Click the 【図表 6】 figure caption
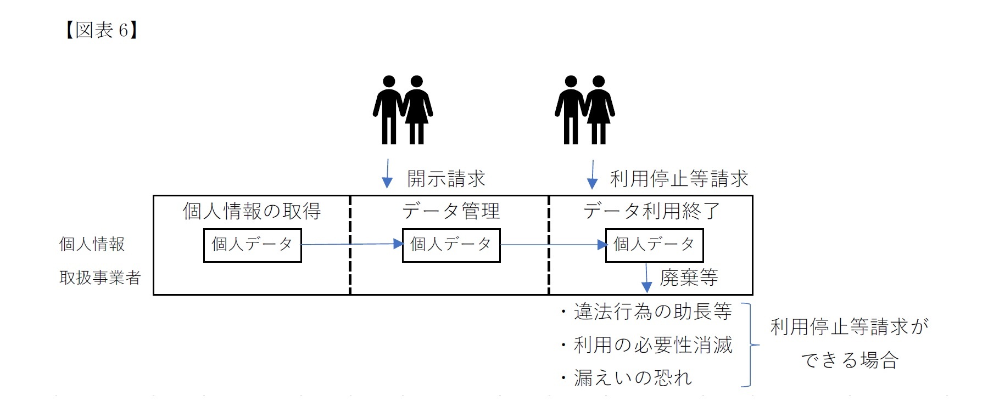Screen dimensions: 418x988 click(101, 30)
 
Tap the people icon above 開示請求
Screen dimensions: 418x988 click(403, 110)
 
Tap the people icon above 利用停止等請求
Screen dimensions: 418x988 click(584, 110)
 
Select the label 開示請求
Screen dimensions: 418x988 click(446, 179)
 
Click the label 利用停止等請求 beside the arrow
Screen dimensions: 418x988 click(679, 179)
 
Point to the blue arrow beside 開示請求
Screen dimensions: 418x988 click(387, 174)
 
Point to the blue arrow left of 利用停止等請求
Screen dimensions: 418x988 click(592, 174)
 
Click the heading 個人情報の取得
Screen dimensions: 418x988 click(252, 211)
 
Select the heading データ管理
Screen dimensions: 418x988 click(450, 211)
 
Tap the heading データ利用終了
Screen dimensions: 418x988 click(651, 211)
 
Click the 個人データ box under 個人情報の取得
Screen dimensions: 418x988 click(252, 245)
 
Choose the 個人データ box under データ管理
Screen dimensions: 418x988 click(451, 245)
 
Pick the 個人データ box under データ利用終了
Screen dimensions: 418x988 click(654, 245)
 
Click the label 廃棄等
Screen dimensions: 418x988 click(689, 278)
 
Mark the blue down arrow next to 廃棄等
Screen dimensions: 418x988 click(646, 278)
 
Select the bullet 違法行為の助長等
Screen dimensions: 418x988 click(647, 312)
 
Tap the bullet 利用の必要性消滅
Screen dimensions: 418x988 click(647, 345)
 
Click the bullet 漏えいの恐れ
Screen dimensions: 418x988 click(627, 378)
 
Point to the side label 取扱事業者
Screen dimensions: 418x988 click(100, 278)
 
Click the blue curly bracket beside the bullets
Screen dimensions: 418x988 click(749, 345)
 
